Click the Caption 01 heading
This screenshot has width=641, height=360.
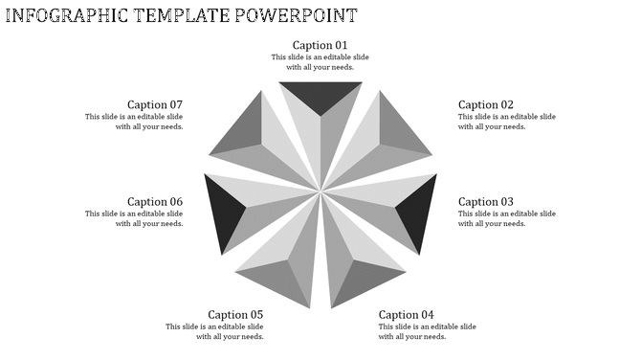tap(320, 45)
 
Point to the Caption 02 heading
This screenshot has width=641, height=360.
tap(486, 104)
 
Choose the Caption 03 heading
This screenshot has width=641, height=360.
tap(486, 201)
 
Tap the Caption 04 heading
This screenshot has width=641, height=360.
tap(407, 314)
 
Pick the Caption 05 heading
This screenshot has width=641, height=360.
tap(235, 314)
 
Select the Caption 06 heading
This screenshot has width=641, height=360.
tap(155, 201)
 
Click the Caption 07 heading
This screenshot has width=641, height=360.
tap(155, 104)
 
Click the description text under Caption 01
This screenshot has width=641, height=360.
tap(320, 62)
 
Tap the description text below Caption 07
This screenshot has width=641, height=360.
tap(134, 122)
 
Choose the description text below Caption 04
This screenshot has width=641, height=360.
tap(427, 331)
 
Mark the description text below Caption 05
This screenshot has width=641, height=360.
tap(214, 331)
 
